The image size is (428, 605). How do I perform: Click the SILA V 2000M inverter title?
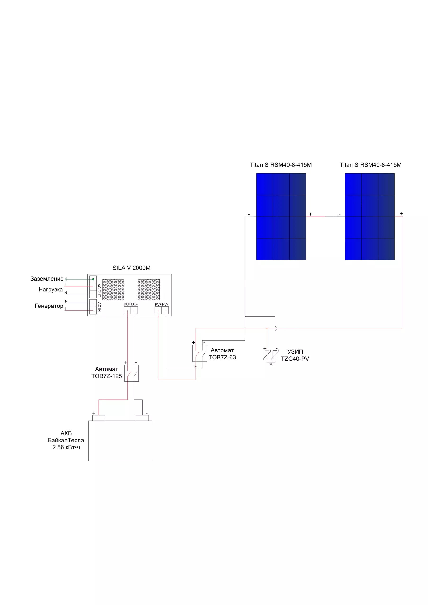pyautogui.click(x=131, y=268)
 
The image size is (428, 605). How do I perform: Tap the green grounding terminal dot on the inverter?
pyautogui.click(x=93, y=279)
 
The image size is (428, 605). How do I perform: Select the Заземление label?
pyautogui.click(x=47, y=279)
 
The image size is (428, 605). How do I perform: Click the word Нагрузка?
pyautogui.click(x=51, y=290)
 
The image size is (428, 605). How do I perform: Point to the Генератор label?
pyautogui.click(x=49, y=306)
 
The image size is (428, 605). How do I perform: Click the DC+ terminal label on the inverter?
pyautogui.click(x=127, y=304)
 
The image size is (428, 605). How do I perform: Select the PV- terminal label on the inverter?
pyautogui.click(x=165, y=304)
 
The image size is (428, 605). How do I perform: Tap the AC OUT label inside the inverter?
pyautogui.click(x=99, y=290)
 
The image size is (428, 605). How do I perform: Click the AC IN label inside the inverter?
pyautogui.click(x=99, y=307)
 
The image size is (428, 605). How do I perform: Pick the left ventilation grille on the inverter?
pyautogui.click(x=113, y=290)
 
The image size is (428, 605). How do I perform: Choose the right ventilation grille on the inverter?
pyautogui.click(x=149, y=290)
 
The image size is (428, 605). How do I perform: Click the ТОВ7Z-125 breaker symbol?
pyautogui.click(x=131, y=373)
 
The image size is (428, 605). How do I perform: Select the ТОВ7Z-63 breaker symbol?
pyautogui.click(x=200, y=353)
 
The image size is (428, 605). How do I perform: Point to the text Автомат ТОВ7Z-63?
pyautogui.click(x=222, y=354)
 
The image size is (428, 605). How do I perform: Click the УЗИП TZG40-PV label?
pyautogui.click(x=295, y=355)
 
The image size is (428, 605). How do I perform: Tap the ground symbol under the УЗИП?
pyautogui.click(x=271, y=364)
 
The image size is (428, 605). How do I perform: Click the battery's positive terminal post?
pyautogui.click(x=99, y=418)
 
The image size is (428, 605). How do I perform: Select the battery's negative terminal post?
pyautogui.click(x=142, y=418)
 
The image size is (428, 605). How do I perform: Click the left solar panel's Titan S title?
pyautogui.click(x=281, y=165)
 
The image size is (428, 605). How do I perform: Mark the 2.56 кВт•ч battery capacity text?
pyautogui.click(x=66, y=447)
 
